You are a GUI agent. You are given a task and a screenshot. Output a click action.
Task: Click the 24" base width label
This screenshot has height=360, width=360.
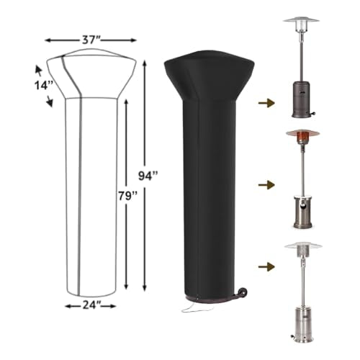(x=90, y=305)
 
